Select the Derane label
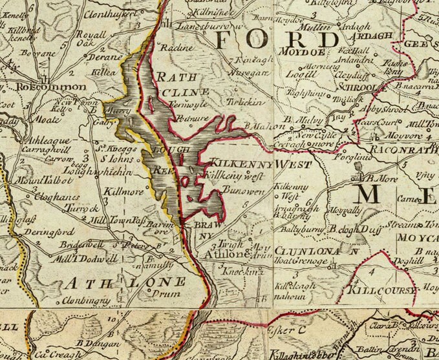[x=92, y=57]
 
